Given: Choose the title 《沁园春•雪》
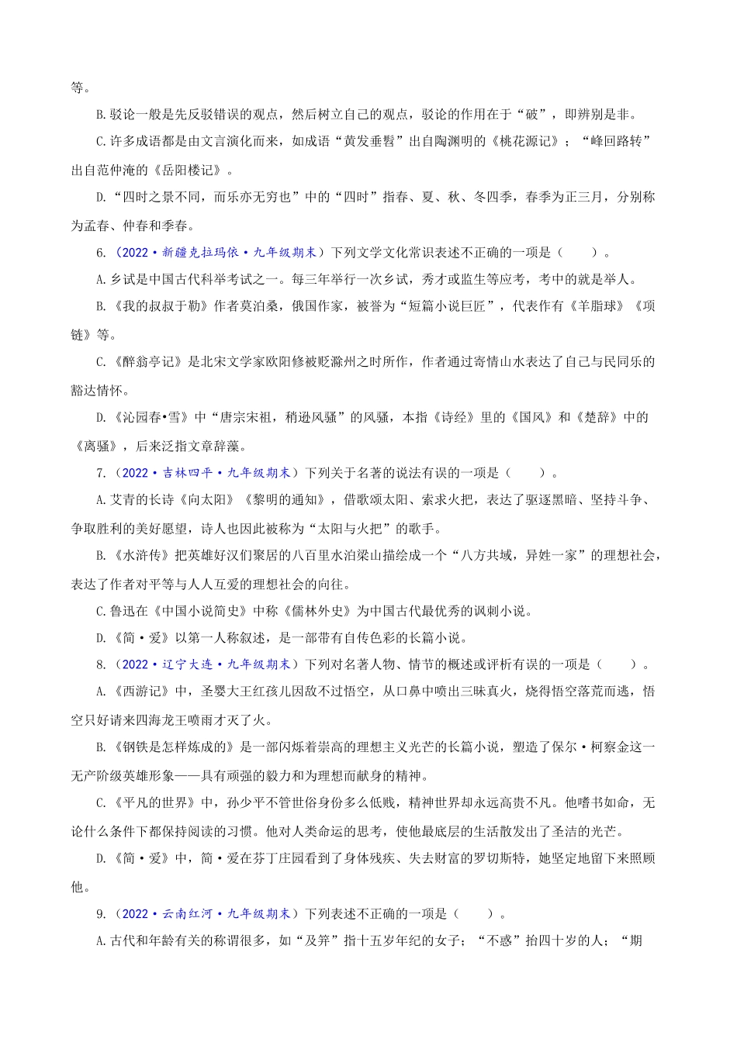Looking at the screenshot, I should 151,418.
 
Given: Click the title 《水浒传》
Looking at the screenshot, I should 140,556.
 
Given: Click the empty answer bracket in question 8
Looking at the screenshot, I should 618,664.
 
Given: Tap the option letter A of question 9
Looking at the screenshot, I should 101,942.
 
